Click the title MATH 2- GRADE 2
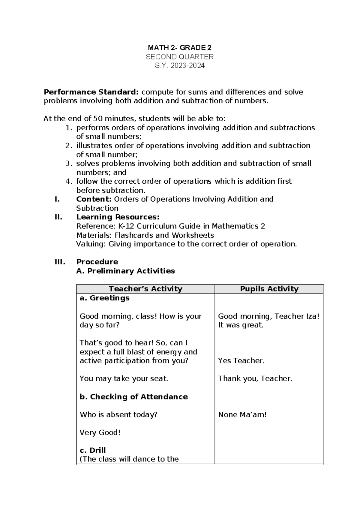coord(179,48)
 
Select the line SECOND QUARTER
coord(179,57)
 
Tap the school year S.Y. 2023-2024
coord(179,66)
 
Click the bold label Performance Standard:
coord(91,92)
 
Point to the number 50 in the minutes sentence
coord(97,119)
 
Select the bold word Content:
coord(94,199)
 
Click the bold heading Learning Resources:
coord(118,217)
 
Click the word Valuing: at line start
coord(91,244)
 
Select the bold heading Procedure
coord(97,262)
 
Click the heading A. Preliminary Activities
coord(125,271)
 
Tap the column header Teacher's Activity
coord(145,289)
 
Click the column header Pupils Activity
coord(269,289)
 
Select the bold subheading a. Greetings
coord(104,298)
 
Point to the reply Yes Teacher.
coord(241,361)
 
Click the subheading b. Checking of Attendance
coord(133,397)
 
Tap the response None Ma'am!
coord(242,415)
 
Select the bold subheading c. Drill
coord(93,450)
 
